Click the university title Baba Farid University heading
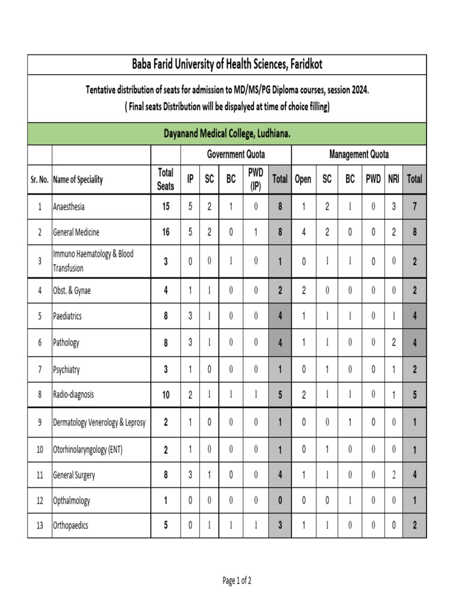[x=227, y=64]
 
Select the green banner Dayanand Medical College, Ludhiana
[x=227, y=134]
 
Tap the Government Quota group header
[x=236, y=155]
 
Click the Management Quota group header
[x=358, y=155]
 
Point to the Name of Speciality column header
[x=78, y=179]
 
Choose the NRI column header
[x=394, y=179]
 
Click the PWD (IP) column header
[x=255, y=179]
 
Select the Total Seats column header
[x=165, y=179]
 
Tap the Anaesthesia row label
[x=69, y=207]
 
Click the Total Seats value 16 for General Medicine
[x=165, y=232]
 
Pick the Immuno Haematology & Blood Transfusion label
[x=93, y=261]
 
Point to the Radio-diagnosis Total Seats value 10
[x=165, y=394]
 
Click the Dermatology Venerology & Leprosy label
[x=99, y=422]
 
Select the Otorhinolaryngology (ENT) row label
[x=88, y=450]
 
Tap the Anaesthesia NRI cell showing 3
[x=394, y=207]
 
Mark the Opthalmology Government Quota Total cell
[x=279, y=501]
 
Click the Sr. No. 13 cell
[x=39, y=526]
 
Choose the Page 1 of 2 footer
[x=237, y=580]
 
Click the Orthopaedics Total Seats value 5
[x=165, y=526]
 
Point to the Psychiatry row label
[x=66, y=369]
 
